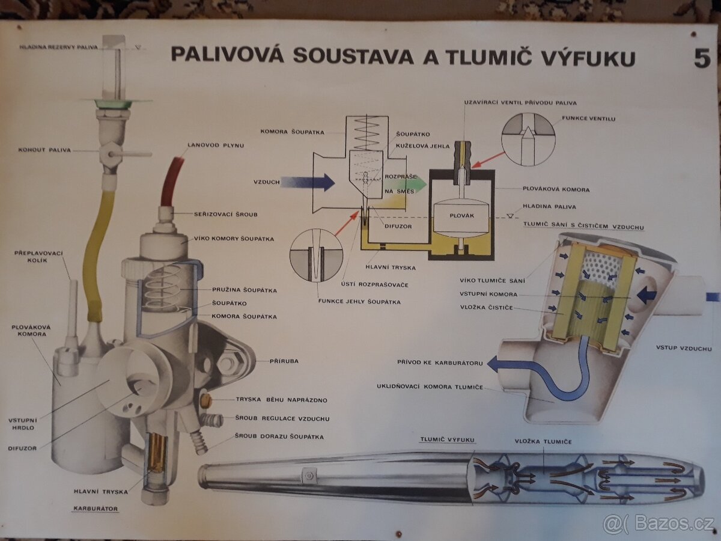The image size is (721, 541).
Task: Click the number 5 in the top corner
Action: click(702, 58)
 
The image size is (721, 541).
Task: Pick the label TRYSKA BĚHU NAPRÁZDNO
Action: click(282, 400)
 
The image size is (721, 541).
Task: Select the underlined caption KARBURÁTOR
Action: click(96, 509)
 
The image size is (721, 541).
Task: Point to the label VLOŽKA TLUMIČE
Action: click(543, 442)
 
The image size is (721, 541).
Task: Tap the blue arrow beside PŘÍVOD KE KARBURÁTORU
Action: click(497, 363)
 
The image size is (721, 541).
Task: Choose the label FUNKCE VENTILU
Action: click(589, 119)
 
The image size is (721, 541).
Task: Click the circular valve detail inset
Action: click(528, 139)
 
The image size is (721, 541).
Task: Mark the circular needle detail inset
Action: click(316, 256)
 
